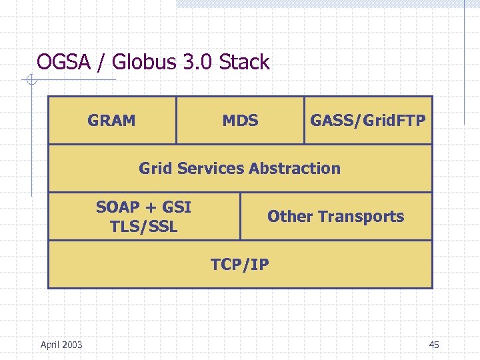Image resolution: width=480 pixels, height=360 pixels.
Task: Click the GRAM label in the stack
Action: pyautogui.click(x=111, y=121)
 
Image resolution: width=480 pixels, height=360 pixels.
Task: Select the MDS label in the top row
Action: pyautogui.click(x=240, y=121)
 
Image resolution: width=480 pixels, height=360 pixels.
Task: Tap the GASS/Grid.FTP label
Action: pyautogui.click(x=367, y=121)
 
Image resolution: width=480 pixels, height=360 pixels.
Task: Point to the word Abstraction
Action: pyautogui.click(x=294, y=169)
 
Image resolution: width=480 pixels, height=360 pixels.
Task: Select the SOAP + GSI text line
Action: pyautogui.click(x=143, y=207)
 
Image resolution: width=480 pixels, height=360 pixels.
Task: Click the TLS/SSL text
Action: pyautogui.click(x=143, y=227)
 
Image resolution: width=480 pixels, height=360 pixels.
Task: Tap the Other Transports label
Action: pyautogui.click(x=335, y=217)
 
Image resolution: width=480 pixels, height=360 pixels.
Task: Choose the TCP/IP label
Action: pyautogui.click(x=240, y=265)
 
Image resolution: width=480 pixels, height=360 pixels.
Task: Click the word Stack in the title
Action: pyautogui.click(x=244, y=63)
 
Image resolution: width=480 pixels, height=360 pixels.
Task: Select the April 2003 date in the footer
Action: pyautogui.click(x=61, y=345)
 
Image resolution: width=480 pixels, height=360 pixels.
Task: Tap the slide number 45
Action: pyautogui.click(x=434, y=345)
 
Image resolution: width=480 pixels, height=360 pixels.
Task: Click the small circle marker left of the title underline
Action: pyautogui.click(x=31, y=81)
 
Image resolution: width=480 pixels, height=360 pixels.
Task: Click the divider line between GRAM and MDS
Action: pyautogui.click(x=177, y=121)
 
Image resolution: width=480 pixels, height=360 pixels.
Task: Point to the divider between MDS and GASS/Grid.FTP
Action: pyautogui.click(x=304, y=121)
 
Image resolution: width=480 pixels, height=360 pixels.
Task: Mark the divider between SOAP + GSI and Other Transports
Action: pyautogui.click(x=240, y=217)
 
